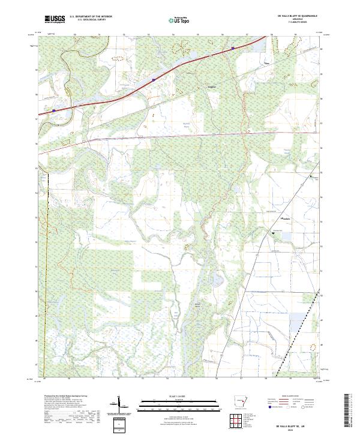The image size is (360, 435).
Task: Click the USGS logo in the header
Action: tap(55, 19)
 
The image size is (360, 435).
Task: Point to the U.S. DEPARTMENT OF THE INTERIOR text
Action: tap(91, 16)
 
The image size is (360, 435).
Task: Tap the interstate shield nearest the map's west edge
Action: tap(53, 110)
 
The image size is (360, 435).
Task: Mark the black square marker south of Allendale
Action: tap(273, 232)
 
